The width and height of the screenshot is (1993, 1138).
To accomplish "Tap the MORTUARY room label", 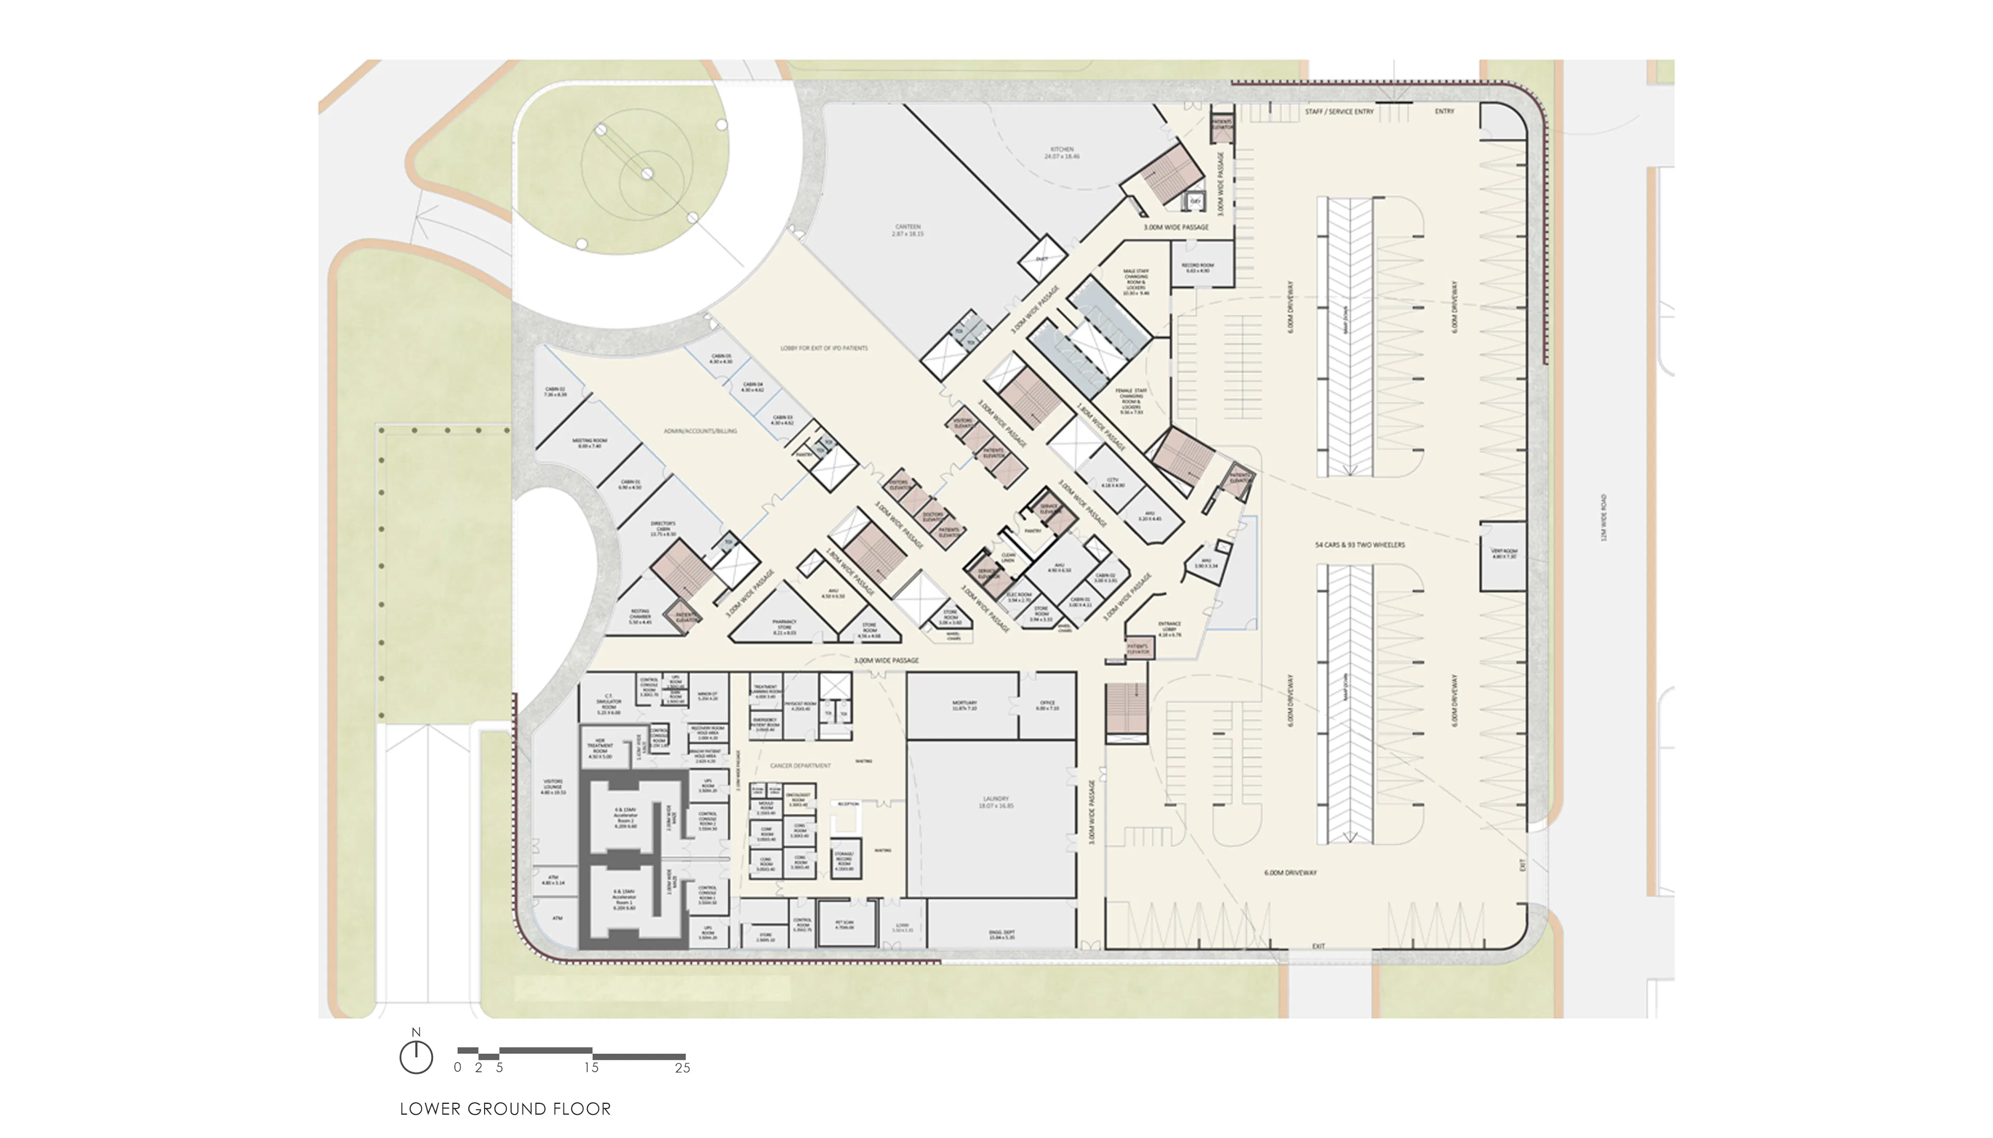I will point(964,705).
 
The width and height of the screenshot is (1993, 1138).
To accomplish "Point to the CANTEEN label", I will point(908,230).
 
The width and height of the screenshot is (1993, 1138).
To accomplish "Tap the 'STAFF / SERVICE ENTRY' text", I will point(1339,112).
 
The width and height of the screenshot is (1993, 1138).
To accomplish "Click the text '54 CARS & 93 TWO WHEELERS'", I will point(1359,545).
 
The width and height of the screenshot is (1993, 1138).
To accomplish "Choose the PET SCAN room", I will point(843,925).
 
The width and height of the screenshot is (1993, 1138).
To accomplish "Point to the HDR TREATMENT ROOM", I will point(599,748).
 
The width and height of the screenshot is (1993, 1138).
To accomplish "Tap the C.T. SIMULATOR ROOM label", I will point(608,703).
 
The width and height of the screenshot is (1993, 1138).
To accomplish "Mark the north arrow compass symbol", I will point(416,1056).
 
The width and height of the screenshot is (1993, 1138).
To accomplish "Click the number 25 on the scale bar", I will point(682,1067).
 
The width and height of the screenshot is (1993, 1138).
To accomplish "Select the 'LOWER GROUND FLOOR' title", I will point(505,1108).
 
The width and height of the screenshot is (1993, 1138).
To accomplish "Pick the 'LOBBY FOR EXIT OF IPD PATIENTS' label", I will point(823,348).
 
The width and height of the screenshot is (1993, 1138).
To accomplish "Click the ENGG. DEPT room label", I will point(1001,934).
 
